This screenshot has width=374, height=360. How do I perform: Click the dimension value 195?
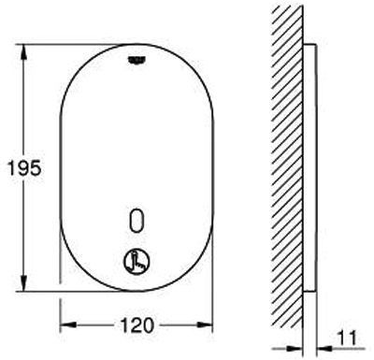(x=24, y=168)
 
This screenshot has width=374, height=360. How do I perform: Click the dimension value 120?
(x=137, y=324)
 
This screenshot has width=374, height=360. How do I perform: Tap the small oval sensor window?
(x=137, y=220)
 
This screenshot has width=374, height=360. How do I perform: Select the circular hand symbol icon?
(x=137, y=261)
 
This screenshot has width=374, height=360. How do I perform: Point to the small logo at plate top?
(x=137, y=60)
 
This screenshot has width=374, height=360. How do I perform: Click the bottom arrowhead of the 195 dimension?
(x=23, y=282)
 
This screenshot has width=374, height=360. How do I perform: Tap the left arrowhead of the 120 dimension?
(x=68, y=324)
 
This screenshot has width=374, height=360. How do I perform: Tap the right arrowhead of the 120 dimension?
(x=205, y=324)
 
